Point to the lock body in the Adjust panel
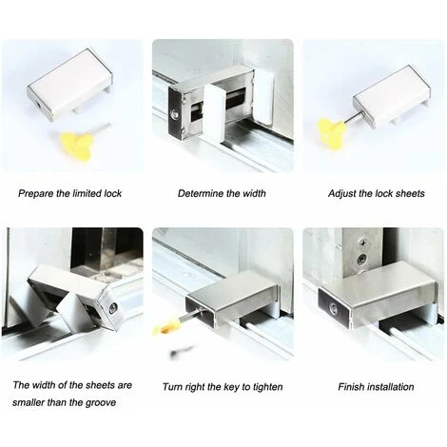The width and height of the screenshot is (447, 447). pos(391,96)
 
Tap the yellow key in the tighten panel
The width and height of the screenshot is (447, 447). pos(168,326)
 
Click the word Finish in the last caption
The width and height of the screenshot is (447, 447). pos(353,387)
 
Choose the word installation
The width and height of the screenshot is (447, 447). pos(394,387)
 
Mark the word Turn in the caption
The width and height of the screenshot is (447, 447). pos(173,387)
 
